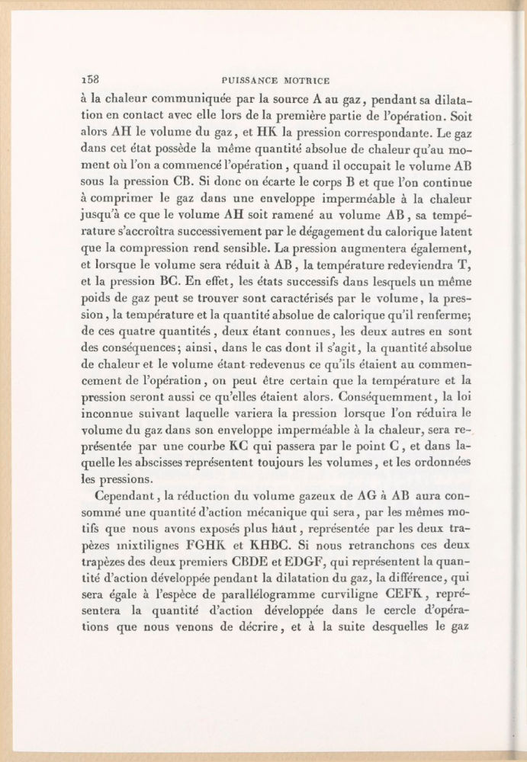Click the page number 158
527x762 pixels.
[91, 78]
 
